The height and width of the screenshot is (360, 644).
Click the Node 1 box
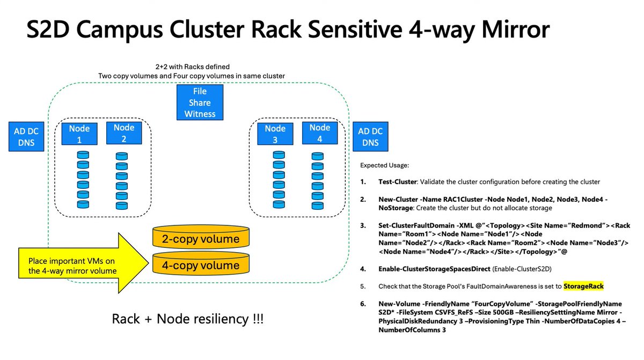(x=79, y=134)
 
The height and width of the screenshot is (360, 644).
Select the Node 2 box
(x=124, y=133)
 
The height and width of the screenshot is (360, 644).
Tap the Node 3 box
(x=275, y=134)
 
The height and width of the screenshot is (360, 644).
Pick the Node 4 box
(x=320, y=133)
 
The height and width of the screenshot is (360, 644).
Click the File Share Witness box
(x=200, y=102)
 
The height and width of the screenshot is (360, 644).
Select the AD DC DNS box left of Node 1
(x=26, y=136)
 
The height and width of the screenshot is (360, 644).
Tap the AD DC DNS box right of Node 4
(x=370, y=136)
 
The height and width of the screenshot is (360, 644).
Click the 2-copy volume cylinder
(x=201, y=237)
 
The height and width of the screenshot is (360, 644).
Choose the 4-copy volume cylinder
(x=201, y=263)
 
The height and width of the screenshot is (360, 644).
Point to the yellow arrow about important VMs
(x=83, y=263)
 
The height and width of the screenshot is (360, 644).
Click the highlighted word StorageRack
(x=583, y=286)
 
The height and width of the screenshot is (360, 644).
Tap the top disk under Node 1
(x=83, y=155)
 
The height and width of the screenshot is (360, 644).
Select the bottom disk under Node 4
(x=317, y=205)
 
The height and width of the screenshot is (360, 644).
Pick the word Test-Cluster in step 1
(x=397, y=182)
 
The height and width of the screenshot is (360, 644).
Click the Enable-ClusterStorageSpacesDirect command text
(x=434, y=269)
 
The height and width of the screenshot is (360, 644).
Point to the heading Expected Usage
(x=384, y=165)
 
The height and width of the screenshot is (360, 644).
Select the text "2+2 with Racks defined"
(x=192, y=67)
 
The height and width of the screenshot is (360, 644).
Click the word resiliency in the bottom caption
(x=202, y=319)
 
